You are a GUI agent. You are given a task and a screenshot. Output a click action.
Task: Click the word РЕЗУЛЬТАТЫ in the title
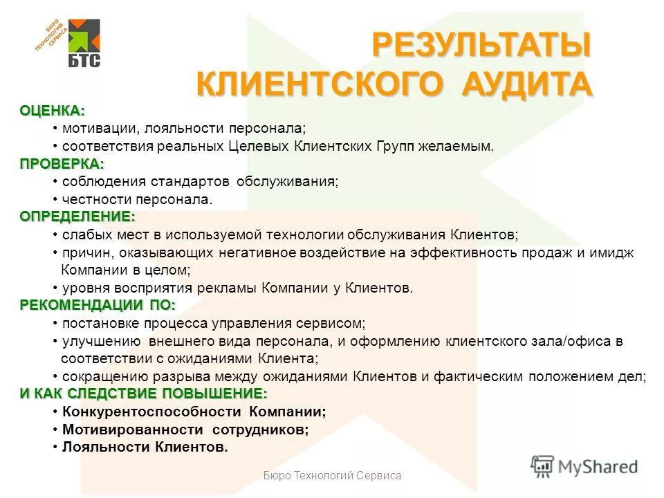coord(481,46)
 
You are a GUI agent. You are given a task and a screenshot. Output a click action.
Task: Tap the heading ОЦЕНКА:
coord(52,111)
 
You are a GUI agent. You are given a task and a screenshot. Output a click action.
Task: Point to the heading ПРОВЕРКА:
coord(62,164)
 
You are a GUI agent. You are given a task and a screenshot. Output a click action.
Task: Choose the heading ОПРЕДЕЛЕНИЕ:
coord(77,216)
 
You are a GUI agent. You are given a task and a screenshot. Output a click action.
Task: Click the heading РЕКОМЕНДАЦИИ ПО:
coord(97,305)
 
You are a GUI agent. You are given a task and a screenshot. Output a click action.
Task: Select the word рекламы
coord(225,288)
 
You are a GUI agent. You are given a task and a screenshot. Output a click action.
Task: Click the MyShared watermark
coord(585,467)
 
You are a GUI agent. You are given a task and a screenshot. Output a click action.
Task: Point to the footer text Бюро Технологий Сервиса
coord(332,476)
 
